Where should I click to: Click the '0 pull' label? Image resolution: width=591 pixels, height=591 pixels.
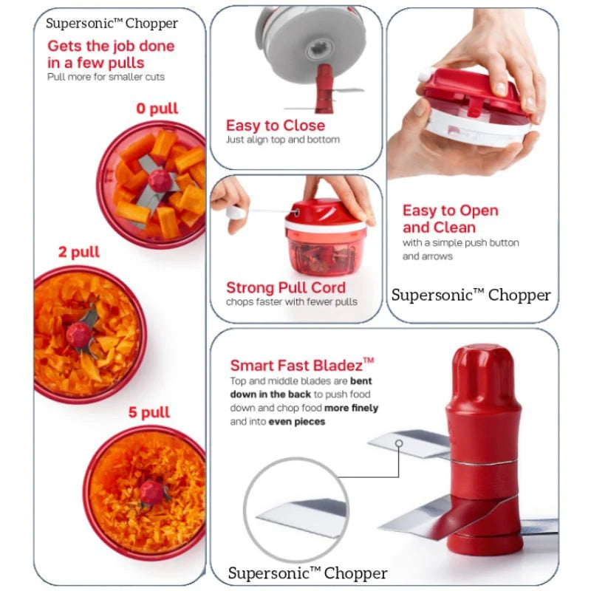point(157,109)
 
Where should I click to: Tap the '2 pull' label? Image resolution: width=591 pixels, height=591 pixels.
point(79,252)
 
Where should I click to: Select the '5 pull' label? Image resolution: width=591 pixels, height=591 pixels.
point(149,412)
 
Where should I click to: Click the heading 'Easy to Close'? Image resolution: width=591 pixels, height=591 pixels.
point(275,125)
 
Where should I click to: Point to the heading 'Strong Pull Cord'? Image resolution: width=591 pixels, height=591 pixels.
point(286,287)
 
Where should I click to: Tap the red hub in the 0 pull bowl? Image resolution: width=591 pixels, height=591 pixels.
point(160,180)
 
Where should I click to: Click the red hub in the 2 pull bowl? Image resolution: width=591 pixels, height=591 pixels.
point(79,335)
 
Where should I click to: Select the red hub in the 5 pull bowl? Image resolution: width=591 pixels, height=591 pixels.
point(151,492)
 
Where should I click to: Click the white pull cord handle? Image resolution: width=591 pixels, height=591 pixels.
point(236,212)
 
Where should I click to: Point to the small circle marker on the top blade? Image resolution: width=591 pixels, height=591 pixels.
point(399,443)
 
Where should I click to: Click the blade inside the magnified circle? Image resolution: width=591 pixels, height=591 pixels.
point(301,516)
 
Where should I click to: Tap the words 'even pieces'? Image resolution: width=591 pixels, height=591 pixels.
point(297,421)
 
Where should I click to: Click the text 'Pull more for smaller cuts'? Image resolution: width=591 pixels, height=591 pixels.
point(106,77)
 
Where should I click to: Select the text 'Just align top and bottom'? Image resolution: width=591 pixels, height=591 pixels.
point(283,140)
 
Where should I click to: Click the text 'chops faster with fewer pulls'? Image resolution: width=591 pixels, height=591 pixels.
point(291,302)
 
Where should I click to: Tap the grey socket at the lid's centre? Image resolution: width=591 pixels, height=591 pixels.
point(319,49)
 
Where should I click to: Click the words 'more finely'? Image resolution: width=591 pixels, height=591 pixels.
point(351,409)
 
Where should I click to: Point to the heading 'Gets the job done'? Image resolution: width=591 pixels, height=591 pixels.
point(111,47)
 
